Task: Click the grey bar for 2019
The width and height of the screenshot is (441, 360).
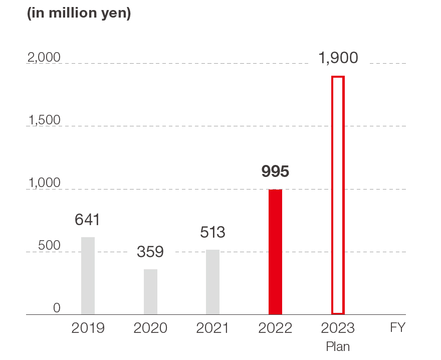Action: coord(88,276)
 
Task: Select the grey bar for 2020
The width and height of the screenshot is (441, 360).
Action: coord(150,292)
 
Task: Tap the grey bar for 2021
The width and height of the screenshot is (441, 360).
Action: coord(212,282)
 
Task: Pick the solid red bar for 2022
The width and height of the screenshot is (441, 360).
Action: coord(275,252)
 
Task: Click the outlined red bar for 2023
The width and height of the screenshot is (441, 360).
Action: coord(338,195)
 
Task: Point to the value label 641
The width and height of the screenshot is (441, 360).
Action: coord(88,220)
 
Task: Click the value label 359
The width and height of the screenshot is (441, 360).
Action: coord(150,252)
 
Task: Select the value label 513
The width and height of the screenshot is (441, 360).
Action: coord(212,232)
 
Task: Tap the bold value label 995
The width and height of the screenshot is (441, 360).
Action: coord(275,172)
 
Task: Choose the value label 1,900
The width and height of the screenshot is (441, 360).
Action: coord(338,58)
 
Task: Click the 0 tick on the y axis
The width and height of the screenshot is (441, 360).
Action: coord(57,308)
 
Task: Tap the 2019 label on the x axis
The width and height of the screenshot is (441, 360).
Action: coord(88,328)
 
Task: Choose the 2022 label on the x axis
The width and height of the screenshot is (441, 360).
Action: coord(275,328)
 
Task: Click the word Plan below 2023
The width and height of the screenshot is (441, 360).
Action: coord(338,346)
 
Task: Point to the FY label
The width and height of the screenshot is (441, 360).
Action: coord(397,328)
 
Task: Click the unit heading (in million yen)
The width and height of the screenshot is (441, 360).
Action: coord(79,14)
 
